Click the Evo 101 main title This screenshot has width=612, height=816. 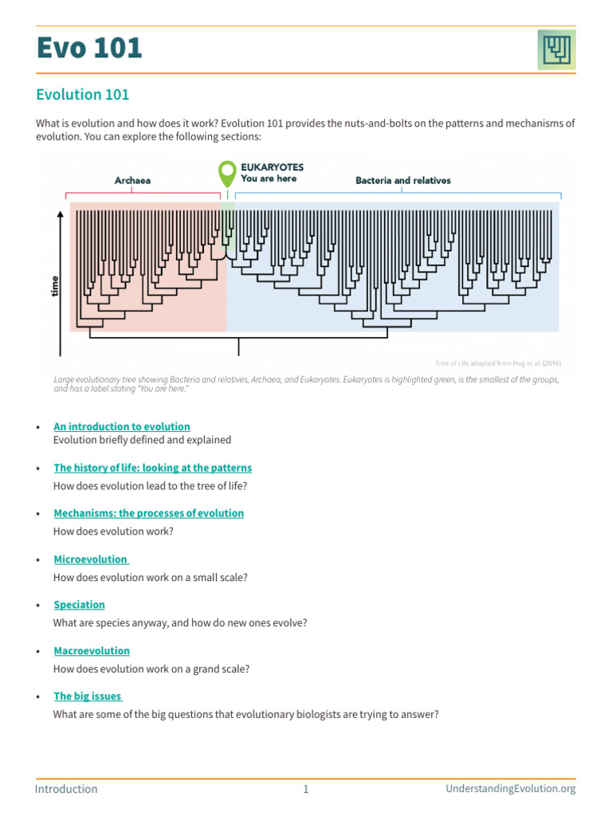[x=89, y=49]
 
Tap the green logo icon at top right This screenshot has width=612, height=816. [x=556, y=50]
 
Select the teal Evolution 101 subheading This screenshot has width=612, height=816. [x=83, y=95]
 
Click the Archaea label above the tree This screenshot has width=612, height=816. [x=132, y=181]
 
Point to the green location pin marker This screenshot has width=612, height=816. [x=227, y=172]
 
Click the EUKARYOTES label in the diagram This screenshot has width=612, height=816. [x=272, y=167]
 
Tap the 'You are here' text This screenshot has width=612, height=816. [x=269, y=178]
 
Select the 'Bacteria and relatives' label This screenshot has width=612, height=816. [x=402, y=181]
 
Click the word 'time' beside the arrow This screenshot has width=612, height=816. [x=54, y=285]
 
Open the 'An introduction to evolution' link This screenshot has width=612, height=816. [x=122, y=426]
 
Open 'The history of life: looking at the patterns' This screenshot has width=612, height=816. [x=152, y=468]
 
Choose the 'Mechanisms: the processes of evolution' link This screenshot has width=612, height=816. [x=148, y=513]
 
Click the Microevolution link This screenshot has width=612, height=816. [x=90, y=559]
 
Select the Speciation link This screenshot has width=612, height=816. [x=79, y=605]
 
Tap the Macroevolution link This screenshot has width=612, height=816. [x=92, y=651]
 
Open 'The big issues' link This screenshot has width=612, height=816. [x=87, y=696]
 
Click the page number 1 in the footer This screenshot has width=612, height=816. [x=305, y=789]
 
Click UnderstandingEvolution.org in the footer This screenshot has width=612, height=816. [x=510, y=789]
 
